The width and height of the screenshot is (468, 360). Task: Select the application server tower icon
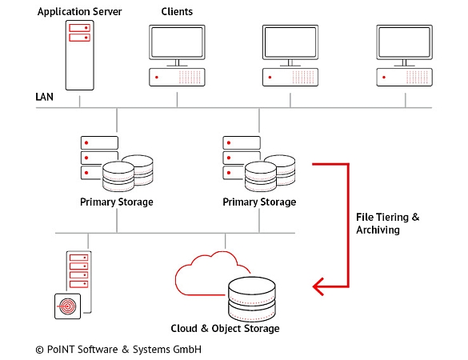point(78,54)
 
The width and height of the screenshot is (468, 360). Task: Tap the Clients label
point(177,12)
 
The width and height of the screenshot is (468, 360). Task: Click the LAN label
point(45,97)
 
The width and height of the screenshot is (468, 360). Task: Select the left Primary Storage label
point(117,202)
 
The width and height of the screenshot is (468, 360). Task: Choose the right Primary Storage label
point(259,202)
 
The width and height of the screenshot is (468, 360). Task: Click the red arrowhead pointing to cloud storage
point(320,284)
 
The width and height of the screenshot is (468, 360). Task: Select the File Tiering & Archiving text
point(386,224)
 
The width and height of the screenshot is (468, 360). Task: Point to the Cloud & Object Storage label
point(226,329)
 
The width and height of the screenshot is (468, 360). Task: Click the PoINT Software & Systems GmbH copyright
point(118,350)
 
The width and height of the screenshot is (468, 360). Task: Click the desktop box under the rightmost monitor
point(406,77)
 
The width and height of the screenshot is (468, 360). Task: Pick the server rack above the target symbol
point(78,270)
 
